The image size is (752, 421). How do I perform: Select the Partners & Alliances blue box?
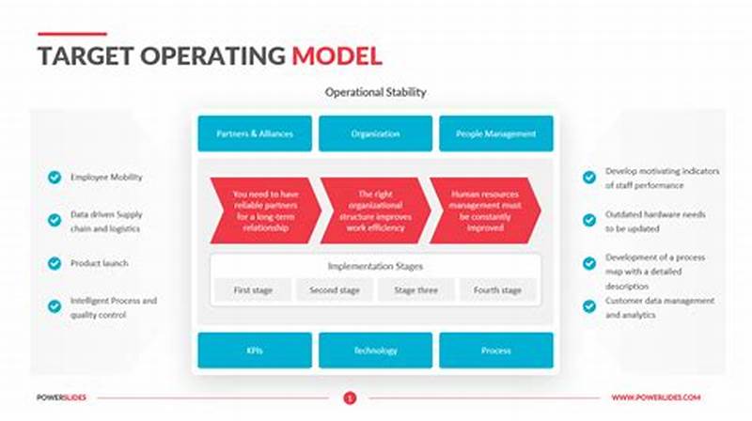click(x=254, y=133)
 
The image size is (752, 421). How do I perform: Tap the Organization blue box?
click(x=375, y=133)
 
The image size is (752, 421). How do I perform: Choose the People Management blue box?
click(x=496, y=133)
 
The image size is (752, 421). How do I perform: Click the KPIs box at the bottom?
click(x=254, y=351)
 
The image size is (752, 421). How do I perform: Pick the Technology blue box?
click(x=375, y=351)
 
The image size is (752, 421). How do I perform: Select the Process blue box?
click(x=496, y=351)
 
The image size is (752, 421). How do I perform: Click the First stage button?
click(x=254, y=290)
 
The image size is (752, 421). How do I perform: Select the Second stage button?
click(x=335, y=290)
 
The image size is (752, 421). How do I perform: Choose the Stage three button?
click(x=415, y=290)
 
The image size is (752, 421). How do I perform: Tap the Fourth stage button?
click(x=497, y=290)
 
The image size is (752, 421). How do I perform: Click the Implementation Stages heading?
click(x=375, y=266)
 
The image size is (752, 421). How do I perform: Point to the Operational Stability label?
click(x=375, y=92)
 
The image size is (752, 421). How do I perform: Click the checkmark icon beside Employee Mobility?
click(x=55, y=177)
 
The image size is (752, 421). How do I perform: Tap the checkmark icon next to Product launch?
click(x=55, y=263)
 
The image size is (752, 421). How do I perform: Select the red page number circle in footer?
click(x=350, y=398)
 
